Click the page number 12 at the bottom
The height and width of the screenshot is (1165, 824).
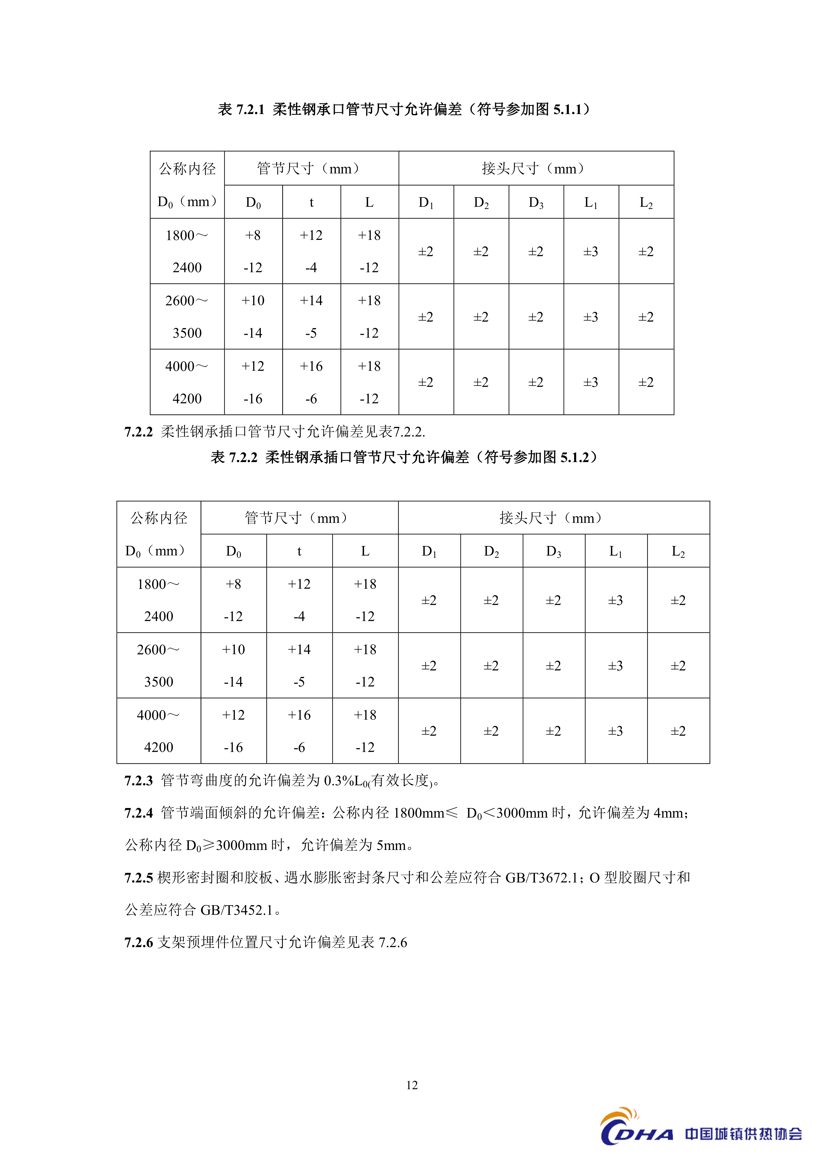[412, 1085]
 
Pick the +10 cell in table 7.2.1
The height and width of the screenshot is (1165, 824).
[253, 300]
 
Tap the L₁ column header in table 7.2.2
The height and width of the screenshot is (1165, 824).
[616, 551]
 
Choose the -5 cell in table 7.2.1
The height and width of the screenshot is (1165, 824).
[311, 333]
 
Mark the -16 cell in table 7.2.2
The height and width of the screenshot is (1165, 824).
[233, 747]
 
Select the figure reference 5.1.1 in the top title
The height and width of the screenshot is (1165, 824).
[567, 109]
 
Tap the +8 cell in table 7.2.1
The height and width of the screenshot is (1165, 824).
[253, 235]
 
